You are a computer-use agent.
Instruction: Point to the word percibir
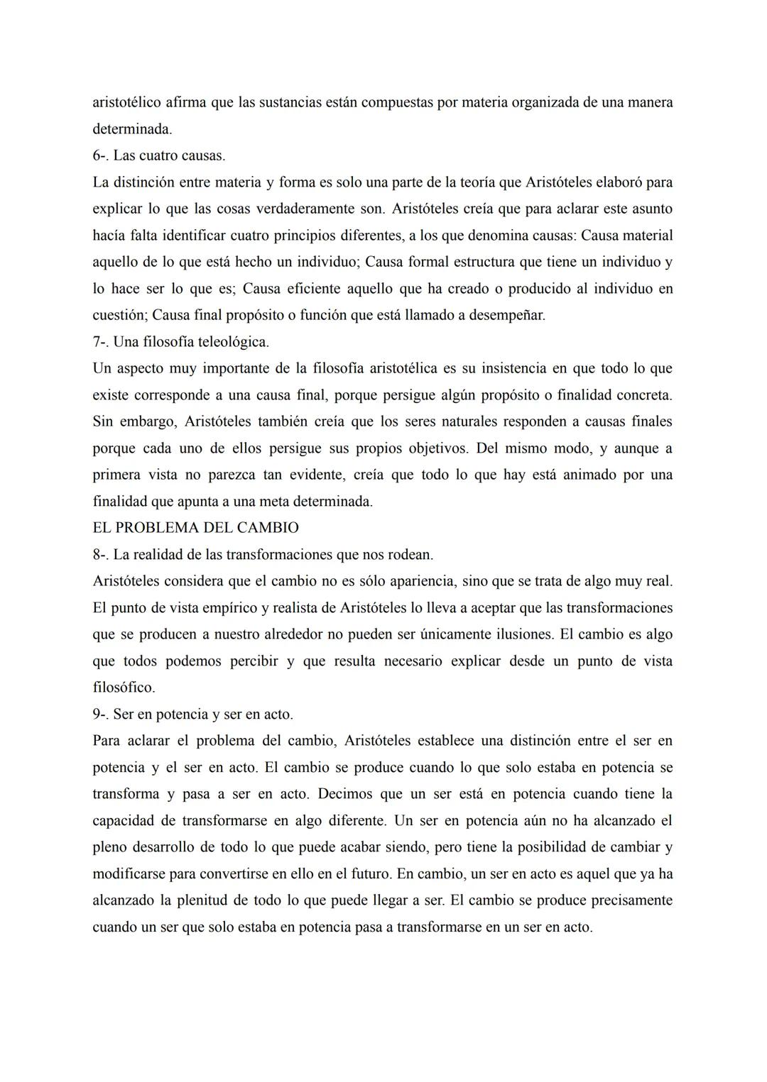[x=253, y=661]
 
